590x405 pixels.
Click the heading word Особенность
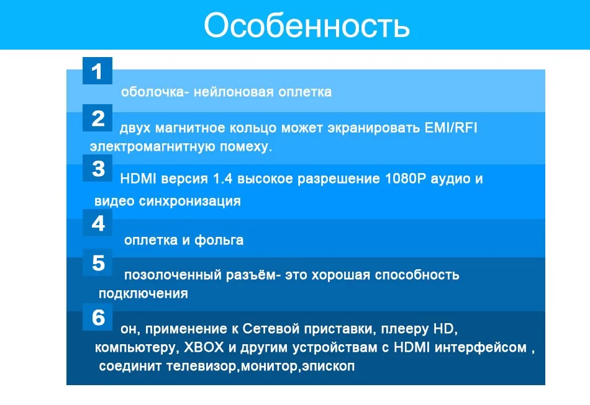[x=307, y=25]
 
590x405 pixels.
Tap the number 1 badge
[x=98, y=71]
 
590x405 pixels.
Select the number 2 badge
[x=98, y=118]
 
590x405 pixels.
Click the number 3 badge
[x=98, y=168]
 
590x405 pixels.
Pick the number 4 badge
[x=98, y=223]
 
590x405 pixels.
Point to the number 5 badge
[x=98, y=262]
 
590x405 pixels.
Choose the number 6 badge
[x=98, y=317]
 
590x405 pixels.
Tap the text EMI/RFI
[x=451, y=128]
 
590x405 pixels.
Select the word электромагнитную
[x=152, y=146]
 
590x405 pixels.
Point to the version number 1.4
[x=222, y=179]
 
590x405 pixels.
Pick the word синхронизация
[x=189, y=202]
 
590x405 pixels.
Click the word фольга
[x=219, y=240]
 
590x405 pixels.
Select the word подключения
[x=143, y=294]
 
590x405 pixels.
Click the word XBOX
[x=204, y=347]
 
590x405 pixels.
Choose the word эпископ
[x=328, y=367]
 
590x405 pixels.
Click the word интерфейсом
[x=481, y=347]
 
